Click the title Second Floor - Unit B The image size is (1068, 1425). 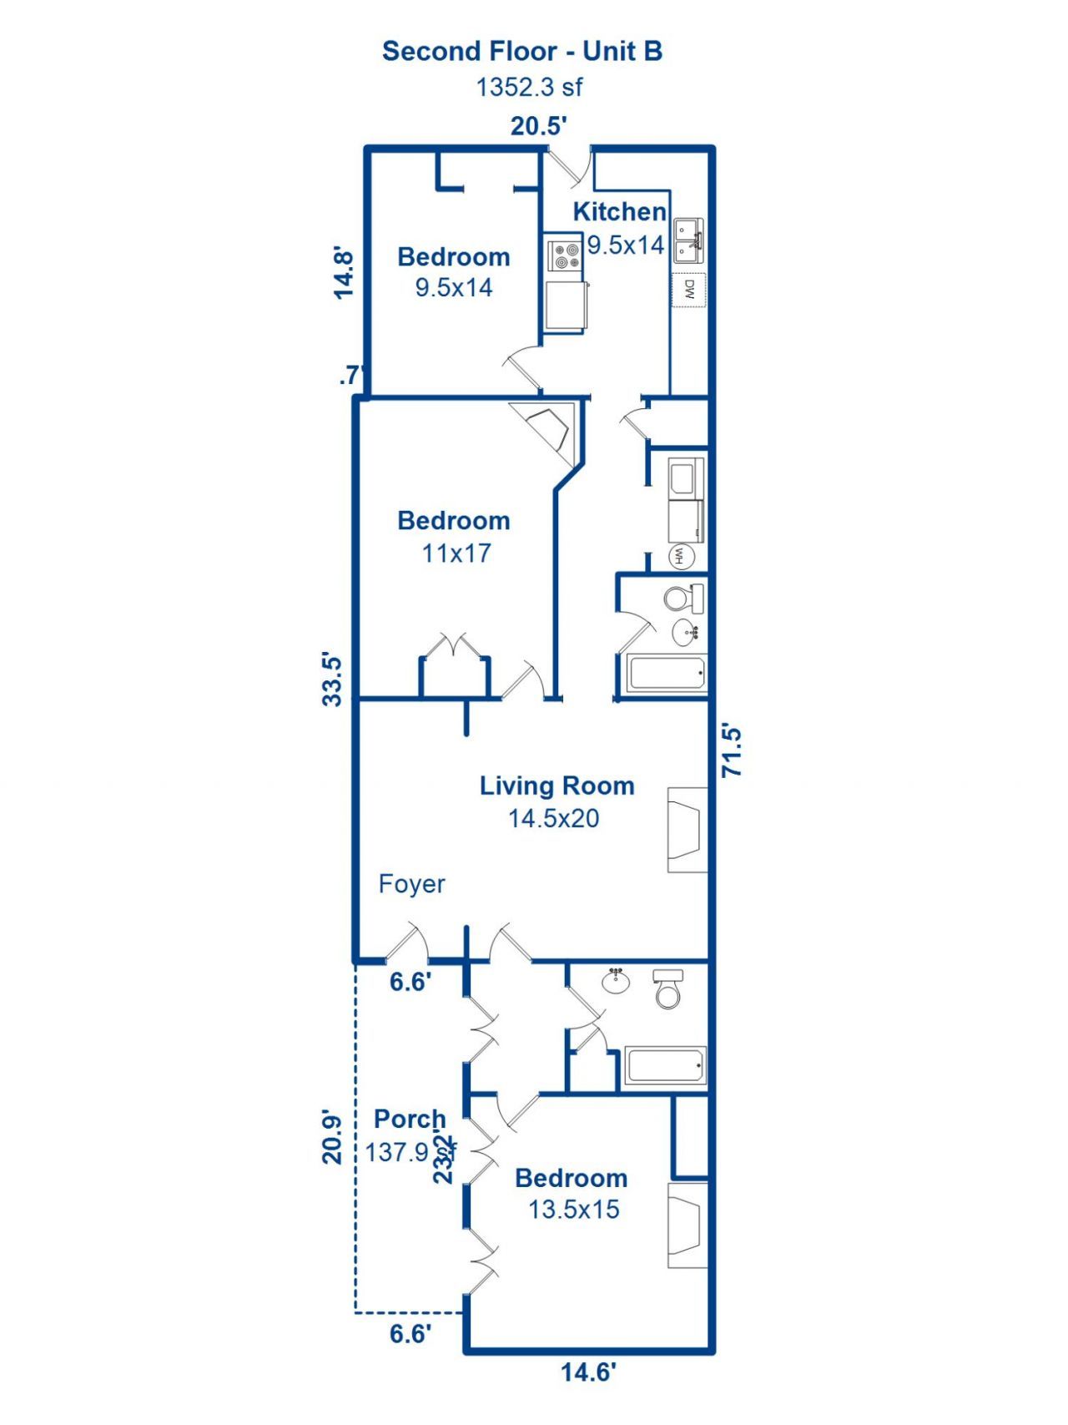click(x=522, y=52)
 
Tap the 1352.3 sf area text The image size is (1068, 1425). click(x=528, y=87)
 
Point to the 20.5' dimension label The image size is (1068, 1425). click(x=538, y=126)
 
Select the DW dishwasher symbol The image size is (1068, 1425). click(x=689, y=290)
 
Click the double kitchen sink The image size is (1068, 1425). click(x=689, y=240)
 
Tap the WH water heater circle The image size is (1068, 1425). click(x=681, y=556)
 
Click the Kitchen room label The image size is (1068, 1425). click(x=619, y=212)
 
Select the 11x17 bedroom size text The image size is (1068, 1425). click(x=456, y=553)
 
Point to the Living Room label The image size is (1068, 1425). click(x=557, y=786)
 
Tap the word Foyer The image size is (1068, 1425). click(x=411, y=884)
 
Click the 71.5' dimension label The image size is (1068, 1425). click(x=732, y=751)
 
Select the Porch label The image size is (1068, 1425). click(x=409, y=1119)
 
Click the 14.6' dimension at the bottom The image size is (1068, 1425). click(x=587, y=1372)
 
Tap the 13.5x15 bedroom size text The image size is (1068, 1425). click(x=573, y=1210)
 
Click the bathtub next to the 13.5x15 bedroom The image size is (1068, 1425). click(x=665, y=1066)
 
